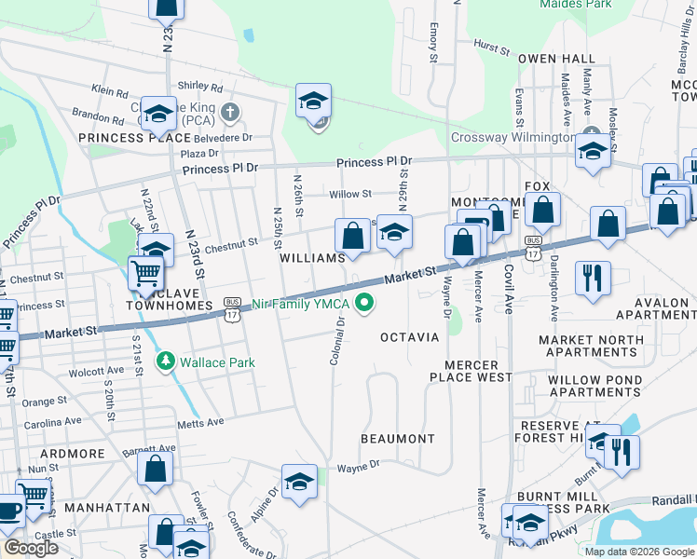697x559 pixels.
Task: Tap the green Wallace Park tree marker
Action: (166, 360)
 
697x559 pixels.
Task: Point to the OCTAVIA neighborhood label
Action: (409, 336)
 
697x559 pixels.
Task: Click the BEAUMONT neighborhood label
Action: (398, 438)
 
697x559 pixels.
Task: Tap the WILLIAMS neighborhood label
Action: (313, 257)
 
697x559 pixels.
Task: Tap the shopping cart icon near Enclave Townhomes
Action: (145, 275)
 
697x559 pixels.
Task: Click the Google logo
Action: (31, 548)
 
